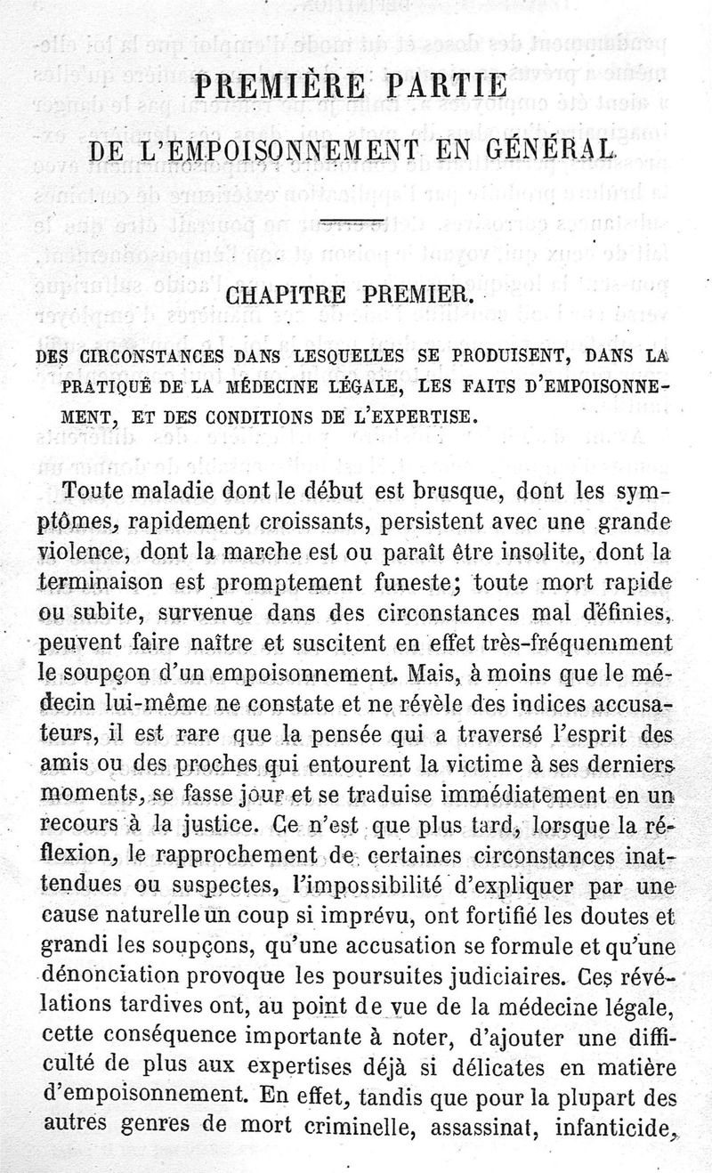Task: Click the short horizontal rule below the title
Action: coord(352,219)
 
